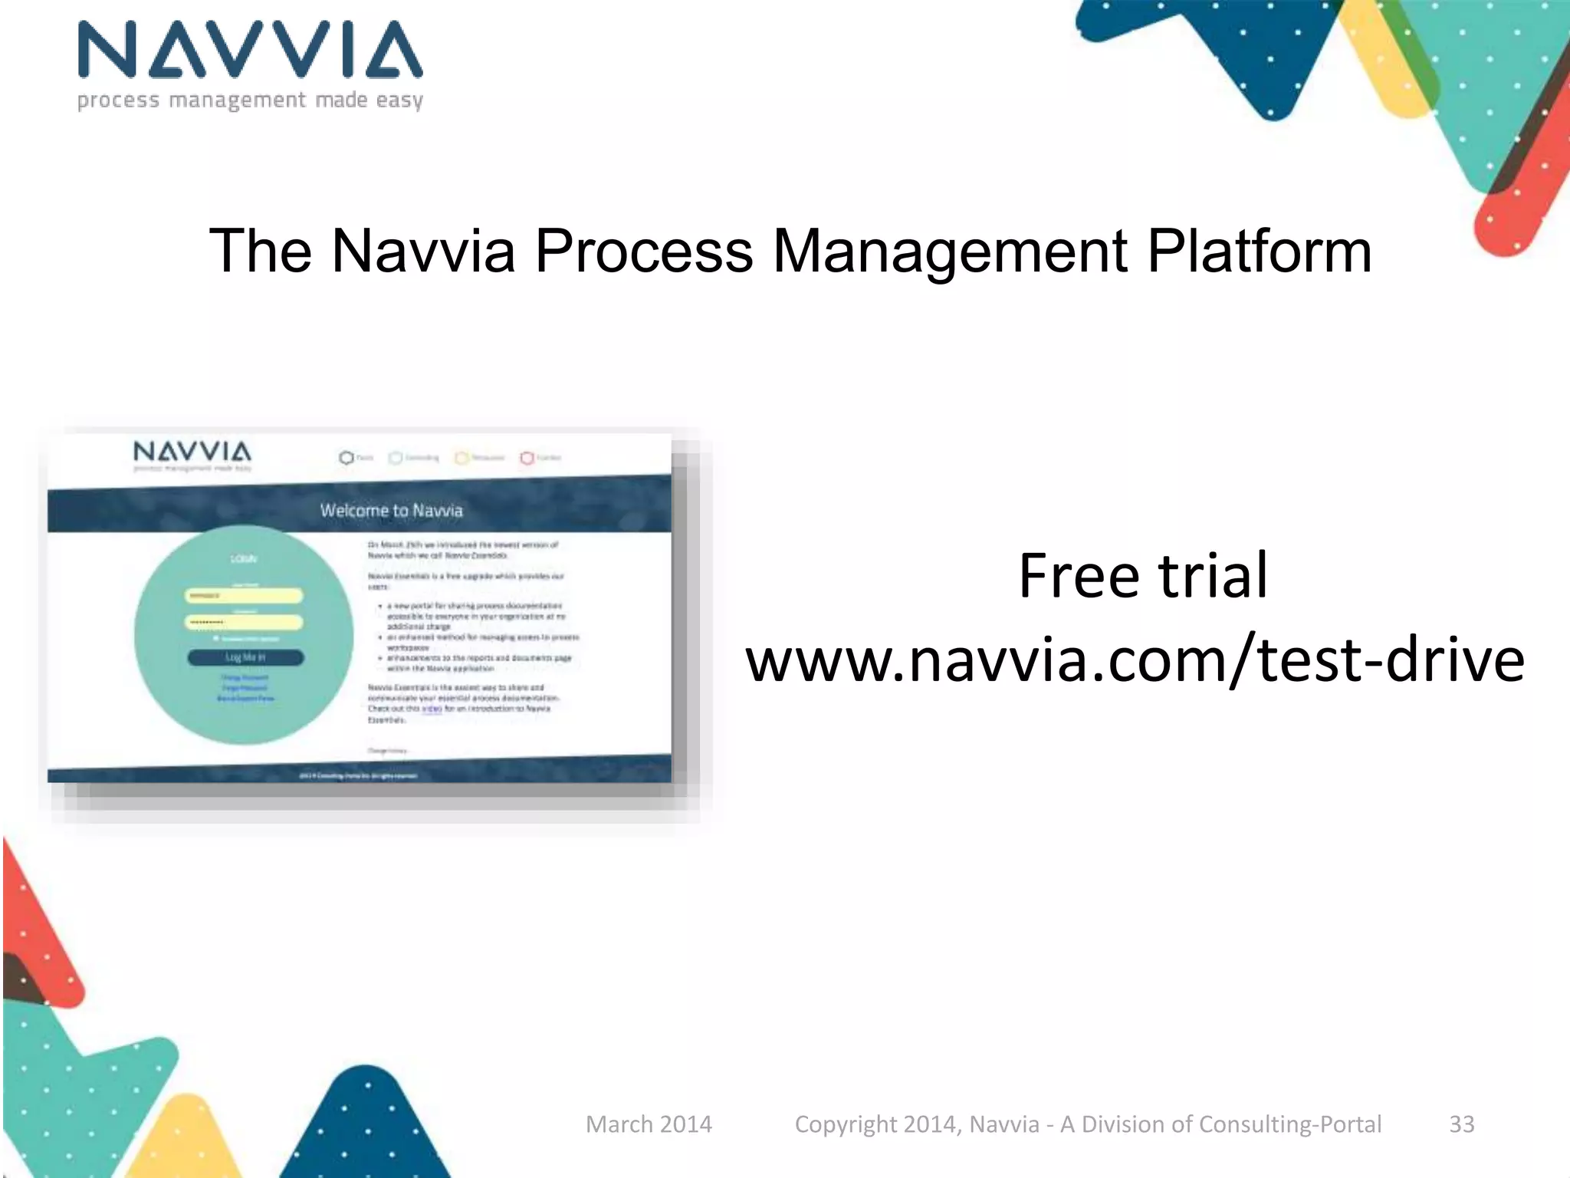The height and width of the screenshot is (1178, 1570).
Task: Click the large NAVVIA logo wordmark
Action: coord(250,50)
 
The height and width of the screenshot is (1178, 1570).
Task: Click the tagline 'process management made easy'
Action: coord(250,100)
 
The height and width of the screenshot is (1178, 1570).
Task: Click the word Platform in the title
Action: coord(1259,252)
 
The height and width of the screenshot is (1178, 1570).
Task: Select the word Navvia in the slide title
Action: coord(423,252)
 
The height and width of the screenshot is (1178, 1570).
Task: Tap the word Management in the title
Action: coord(950,252)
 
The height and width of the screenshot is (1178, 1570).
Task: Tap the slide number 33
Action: coord(1461,1124)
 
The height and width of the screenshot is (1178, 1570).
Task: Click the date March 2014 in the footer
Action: coord(649,1124)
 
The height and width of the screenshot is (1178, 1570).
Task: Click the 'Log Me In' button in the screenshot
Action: coord(245,657)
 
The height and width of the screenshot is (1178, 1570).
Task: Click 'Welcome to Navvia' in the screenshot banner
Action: coord(391,511)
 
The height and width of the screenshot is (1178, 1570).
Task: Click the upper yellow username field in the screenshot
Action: coord(244,596)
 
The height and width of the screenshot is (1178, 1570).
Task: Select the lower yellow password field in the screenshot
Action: coord(244,622)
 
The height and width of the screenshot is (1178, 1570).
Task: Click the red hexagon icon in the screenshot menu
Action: coord(527,458)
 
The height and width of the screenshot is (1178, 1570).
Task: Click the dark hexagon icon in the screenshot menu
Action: coord(346,458)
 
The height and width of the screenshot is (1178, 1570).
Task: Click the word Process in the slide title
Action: coord(644,252)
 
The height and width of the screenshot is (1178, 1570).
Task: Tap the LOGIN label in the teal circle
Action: coord(244,559)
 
